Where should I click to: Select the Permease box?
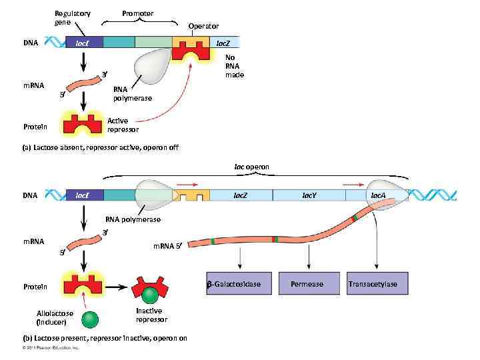pyautogui.click(x=307, y=284)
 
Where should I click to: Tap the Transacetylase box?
pyautogui.click(x=373, y=284)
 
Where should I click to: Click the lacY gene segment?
pyautogui.click(x=309, y=195)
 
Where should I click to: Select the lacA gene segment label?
pyautogui.click(x=377, y=195)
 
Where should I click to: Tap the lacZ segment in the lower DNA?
pyautogui.click(x=240, y=195)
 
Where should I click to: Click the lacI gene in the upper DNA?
pyautogui.click(x=84, y=43)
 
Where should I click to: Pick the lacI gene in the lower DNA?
pyautogui.click(x=84, y=195)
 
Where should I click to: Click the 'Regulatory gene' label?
pyautogui.click(x=73, y=18)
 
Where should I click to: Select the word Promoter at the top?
pyautogui.click(x=137, y=13)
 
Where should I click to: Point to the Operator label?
pyautogui.click(x=203, y=26)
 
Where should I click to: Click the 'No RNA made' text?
pyautogui.click(x=234, y=66)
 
